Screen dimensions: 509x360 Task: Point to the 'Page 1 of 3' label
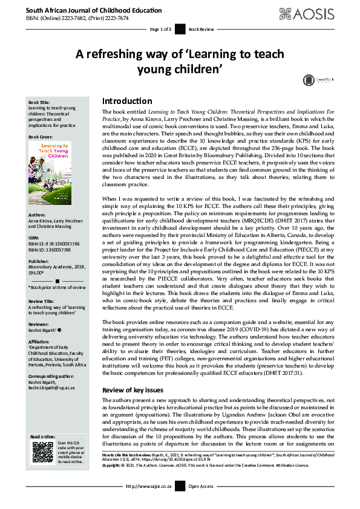click(x=160, y=29)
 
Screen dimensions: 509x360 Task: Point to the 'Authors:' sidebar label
click(x=38, y=214)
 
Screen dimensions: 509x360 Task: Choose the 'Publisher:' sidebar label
click(x=40, y=261)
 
